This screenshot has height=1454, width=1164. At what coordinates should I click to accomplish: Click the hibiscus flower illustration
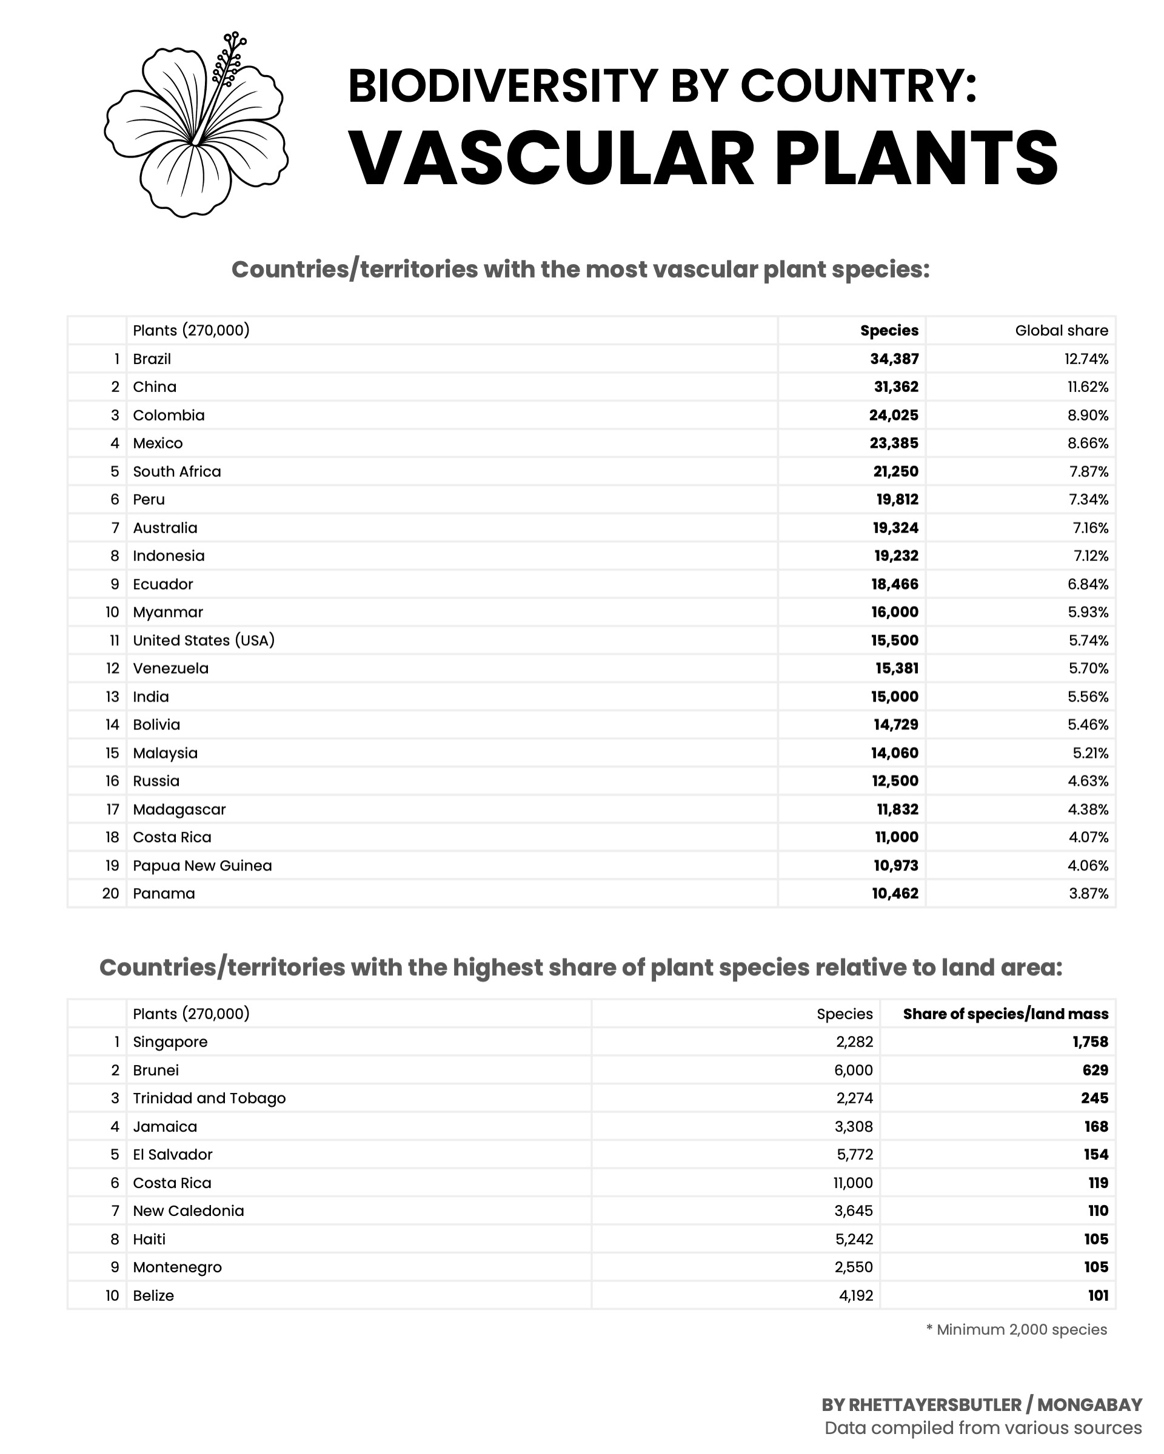coord(196,125)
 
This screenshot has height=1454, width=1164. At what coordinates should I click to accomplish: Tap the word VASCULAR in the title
coord(551,159)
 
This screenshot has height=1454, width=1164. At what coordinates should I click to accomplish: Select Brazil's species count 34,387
coord(894,359)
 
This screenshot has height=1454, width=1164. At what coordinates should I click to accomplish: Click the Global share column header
coord(1061,330)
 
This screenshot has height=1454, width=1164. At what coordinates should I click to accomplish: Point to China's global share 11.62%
coord(1086,387)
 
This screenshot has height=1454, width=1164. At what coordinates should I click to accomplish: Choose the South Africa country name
coord(177,471)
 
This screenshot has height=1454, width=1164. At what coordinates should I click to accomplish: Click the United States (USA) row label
coord(204,640)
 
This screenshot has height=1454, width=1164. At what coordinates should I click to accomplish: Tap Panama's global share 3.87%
coord(1088,894)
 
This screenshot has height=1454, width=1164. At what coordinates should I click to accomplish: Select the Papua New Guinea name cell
coord(202,865)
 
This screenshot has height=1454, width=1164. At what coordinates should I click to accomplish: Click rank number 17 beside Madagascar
coord(112,809)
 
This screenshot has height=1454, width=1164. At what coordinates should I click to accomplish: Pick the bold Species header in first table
coord(889,330)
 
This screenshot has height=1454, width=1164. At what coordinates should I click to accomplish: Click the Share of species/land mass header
coord(1005,1014)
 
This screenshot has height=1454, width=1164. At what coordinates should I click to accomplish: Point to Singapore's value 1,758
coord(1090,1042)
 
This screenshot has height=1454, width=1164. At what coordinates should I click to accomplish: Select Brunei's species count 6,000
coord(854,1071)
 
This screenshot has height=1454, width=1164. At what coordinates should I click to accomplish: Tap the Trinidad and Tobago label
coord(209,1098)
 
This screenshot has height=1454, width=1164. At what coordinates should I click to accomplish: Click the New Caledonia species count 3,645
coord(854,1210)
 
